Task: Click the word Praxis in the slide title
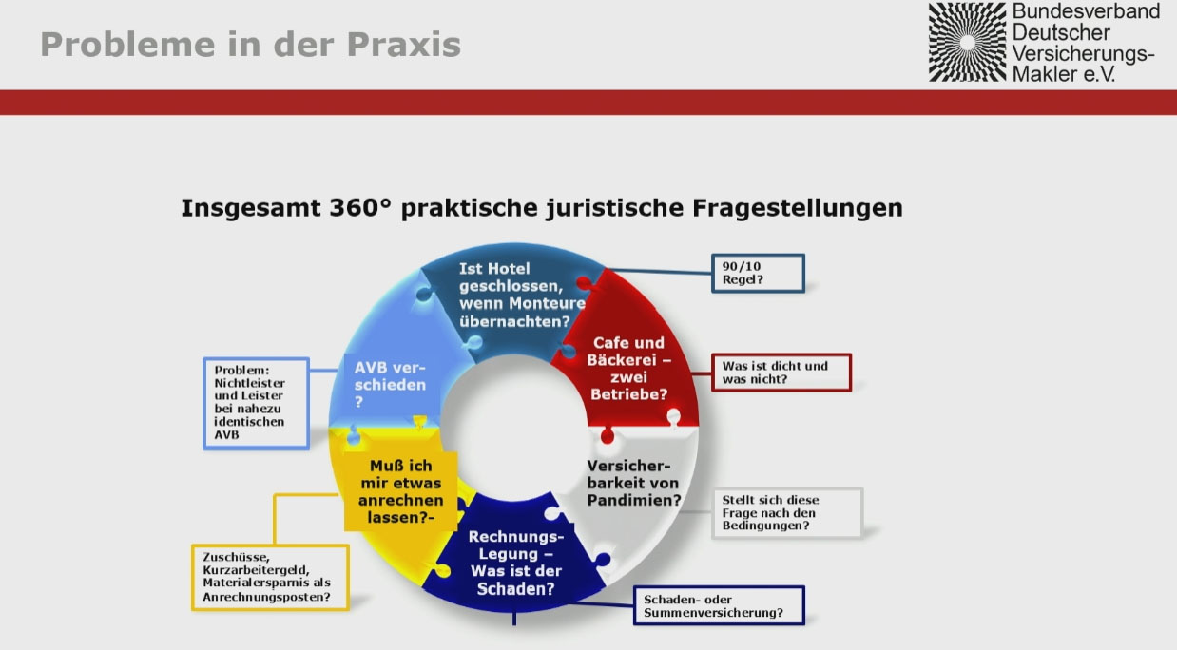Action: pyautogui.click(x=403, y=44)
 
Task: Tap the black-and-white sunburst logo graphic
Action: pyautogui.click(x=967, y=42)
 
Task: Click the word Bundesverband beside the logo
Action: pyautogui.click(x=1086, y=11)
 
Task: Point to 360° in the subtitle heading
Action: pyautogui.click(x=360, y=207)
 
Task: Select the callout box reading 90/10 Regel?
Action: pyautogui.click(x=758, y=273)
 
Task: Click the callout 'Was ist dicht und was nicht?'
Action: pyautogui.click(x=781, y=373)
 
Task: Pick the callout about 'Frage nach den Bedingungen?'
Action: pyautogui.click(x=787, y=513)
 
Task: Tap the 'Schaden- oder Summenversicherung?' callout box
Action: pyautogui.click(x=719, y=605)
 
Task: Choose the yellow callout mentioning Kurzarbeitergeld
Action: pyautogui.click(x=270, y=577)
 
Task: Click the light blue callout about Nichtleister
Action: pyautogui.click(x=256, y=403)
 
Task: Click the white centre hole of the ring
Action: pyautogui.click(x=514, y=428)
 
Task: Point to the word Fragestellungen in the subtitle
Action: pyautogui.click(x=798, y=208)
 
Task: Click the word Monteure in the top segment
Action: pyautogui.click(x=547, y=303)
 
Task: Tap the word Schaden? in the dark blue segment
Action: pyautogui.click(x=515, y=589)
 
